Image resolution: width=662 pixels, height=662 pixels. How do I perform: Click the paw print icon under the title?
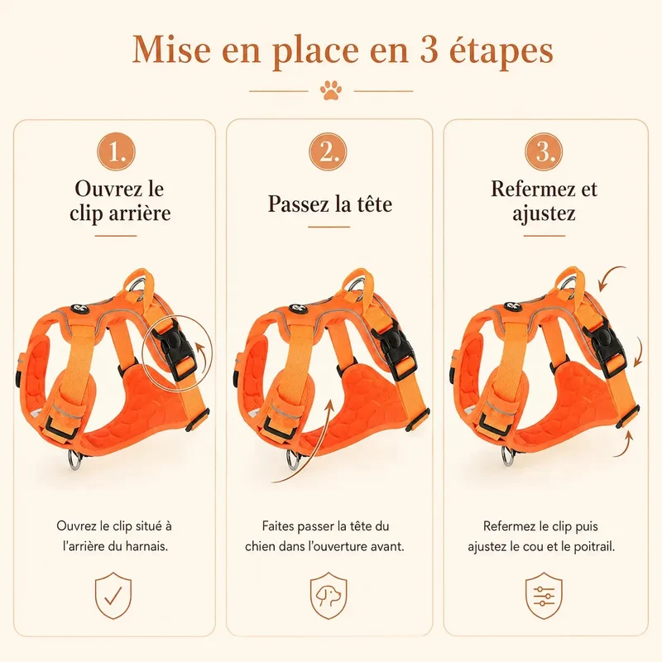tap(331, 91)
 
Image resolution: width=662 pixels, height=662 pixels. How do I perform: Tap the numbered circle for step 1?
tap(116, 152)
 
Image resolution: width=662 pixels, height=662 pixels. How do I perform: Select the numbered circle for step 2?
tap(328, 152)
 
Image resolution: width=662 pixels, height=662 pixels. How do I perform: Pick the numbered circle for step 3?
tap(544, 152)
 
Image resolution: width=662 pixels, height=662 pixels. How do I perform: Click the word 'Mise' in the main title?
tap(171, 50)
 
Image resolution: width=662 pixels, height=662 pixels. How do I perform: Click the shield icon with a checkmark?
tap(113, 596)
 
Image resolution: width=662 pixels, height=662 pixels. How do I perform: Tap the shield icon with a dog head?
tap(329, 596)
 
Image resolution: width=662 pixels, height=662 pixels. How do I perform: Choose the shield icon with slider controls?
tap(544, 596)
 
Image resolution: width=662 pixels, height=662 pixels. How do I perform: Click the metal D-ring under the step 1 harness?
tap(74, 459)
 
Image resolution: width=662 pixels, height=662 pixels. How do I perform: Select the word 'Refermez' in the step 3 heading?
tap(533, 189)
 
